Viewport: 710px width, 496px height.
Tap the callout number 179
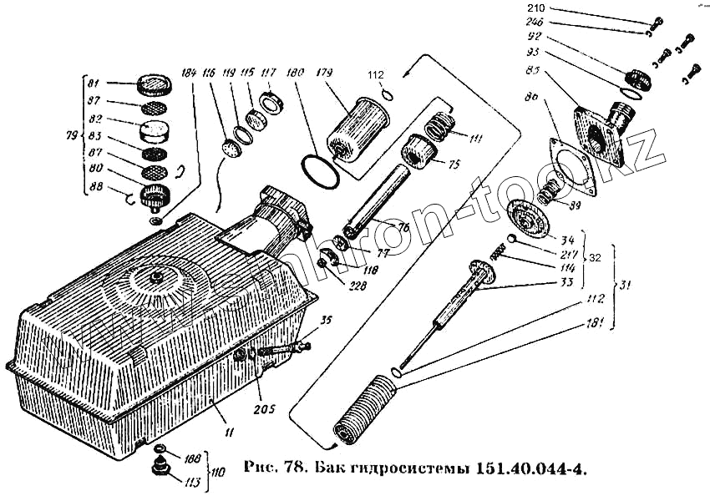(x=325, y=72)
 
